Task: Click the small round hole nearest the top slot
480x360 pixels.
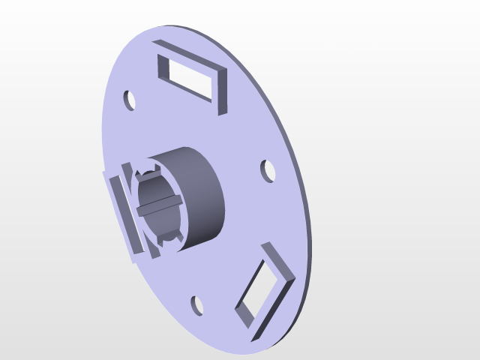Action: [x=130, y=100]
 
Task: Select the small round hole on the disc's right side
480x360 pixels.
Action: [x=268, y=170]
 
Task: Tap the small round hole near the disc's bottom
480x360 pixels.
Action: [x=197, y=305]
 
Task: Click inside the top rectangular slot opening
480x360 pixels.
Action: [x=191, y=77]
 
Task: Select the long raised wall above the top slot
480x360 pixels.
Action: [x=190, y=53]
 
